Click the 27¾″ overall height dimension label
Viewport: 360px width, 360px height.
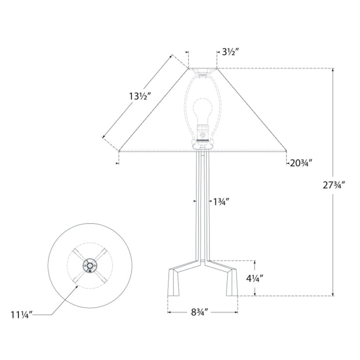tap(334, 185)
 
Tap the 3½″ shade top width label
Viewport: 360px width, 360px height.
tap(231, 52)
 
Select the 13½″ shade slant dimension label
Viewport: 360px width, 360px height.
tap(140, 96)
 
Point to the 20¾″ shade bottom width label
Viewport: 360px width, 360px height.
tap(301, 163)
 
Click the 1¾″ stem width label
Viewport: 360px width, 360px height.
tap(221, 202)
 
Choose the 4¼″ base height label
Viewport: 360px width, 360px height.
tap(254, 278)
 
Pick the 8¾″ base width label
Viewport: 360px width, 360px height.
tap(199, 312)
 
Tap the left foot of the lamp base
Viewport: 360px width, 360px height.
tap(174, 282)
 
